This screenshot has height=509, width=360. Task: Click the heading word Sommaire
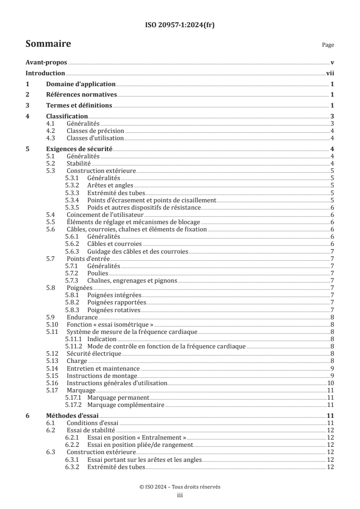coord(48,44)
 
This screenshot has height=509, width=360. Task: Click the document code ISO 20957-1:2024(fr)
coord(180,25)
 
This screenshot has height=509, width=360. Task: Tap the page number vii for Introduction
coord(330,73)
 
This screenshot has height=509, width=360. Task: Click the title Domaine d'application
coord(81,84)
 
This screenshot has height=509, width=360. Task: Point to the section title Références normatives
coord(82,95)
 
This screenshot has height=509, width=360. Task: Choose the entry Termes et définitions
coord(79,105)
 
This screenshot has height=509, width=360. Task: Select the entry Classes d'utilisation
coord(95,138)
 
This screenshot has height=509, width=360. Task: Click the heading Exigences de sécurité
coord(79,149)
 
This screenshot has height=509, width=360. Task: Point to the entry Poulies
coord(98,273)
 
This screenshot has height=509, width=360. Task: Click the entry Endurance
coord(82,317)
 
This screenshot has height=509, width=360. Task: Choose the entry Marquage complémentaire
coord(125,405)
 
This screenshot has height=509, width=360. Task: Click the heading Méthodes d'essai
coord(73,416)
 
